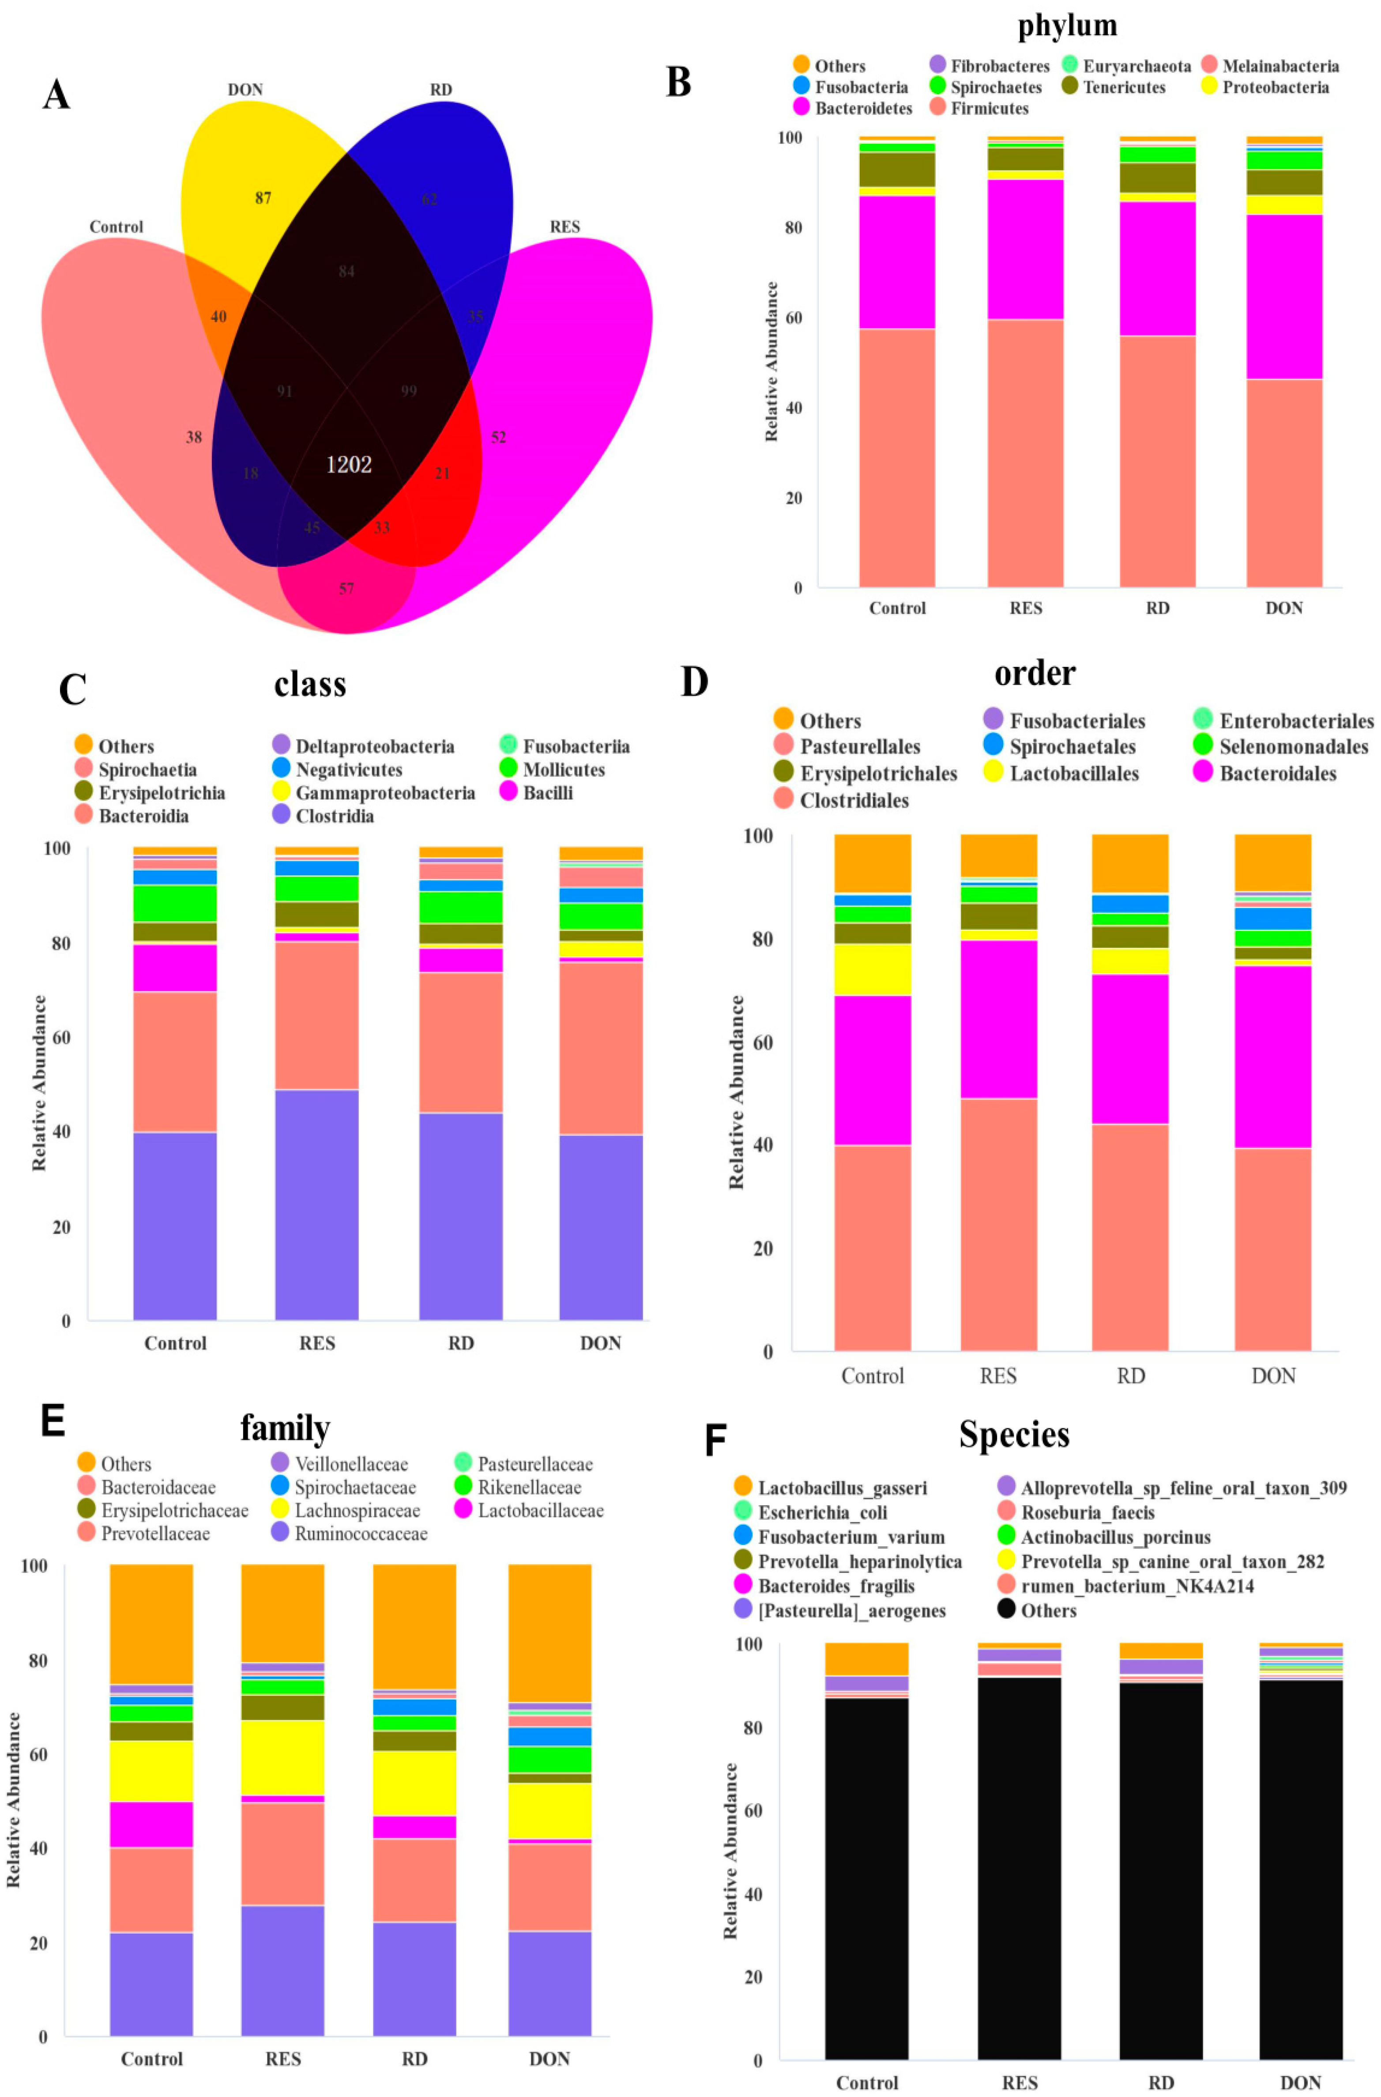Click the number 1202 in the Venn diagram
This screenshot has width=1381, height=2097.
349,464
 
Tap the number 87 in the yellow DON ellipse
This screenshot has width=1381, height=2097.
263,198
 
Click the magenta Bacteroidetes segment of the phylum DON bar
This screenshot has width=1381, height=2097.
1284,296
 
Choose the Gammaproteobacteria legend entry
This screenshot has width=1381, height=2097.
385,793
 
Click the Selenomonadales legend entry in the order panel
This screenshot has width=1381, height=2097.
1293,747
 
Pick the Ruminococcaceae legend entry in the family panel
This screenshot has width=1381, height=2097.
361,1534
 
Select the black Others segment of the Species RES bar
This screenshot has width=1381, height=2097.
1019,1868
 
